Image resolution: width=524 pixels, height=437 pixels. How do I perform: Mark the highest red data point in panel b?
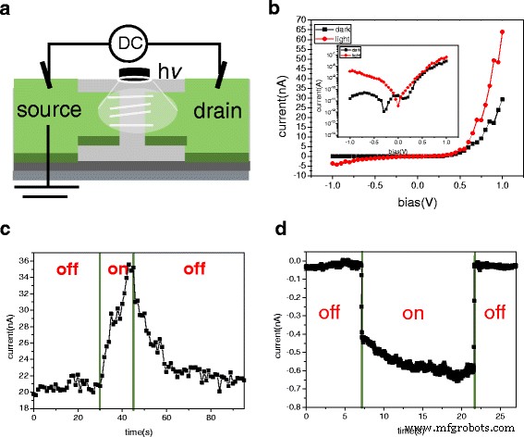(x=502, y=31)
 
